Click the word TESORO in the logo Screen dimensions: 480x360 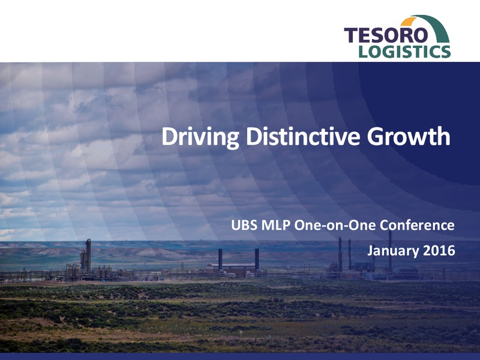(386, 35)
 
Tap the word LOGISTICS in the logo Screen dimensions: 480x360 (404, 52)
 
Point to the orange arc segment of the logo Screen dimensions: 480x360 (408, 21)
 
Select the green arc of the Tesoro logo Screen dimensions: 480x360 (434, 26)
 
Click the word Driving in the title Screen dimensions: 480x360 (200, 137)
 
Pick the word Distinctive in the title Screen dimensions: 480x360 (303, 136)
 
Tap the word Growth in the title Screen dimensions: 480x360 (409, 136)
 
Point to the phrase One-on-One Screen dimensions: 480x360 (335, 226)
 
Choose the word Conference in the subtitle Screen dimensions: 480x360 (417, 226)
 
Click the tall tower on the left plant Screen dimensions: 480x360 (88, 254)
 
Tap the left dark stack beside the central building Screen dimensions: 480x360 (220, 260)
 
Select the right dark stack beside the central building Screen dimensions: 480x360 (257, 260)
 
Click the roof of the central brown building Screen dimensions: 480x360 (231, 265)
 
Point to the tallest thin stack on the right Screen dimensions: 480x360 (390, 251)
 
